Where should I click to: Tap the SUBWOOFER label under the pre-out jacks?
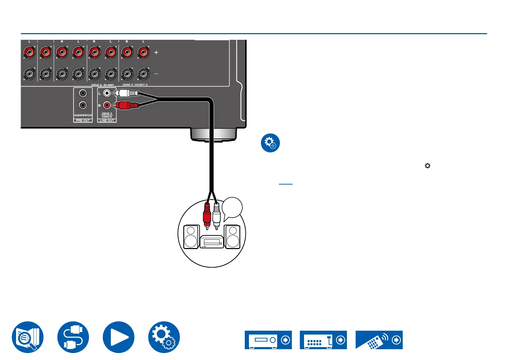[x=83, y=115]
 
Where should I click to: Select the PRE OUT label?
[x=83, y=120]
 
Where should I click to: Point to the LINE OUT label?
[x=107, y=120]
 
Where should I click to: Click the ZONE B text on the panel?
[x=107, y=117]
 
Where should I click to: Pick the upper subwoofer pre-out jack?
[x=83, y=93]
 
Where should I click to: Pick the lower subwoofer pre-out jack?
[x=83, y=105]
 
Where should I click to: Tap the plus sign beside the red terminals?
[x=156, y=52]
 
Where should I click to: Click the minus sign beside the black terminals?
[x=156, y=74]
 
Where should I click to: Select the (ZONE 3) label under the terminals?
[x=128, y=85]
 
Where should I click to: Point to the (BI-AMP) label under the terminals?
[x=109, y=85]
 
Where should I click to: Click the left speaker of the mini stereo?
[x=191, y=237]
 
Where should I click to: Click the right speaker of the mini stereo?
[x=233, y=237]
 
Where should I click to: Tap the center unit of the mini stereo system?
[x=212, y=242]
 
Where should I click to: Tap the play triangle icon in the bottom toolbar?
[x=119, y=337]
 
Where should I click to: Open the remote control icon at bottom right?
[x=379, y=340]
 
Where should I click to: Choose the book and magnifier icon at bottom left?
[x=28, y=337]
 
